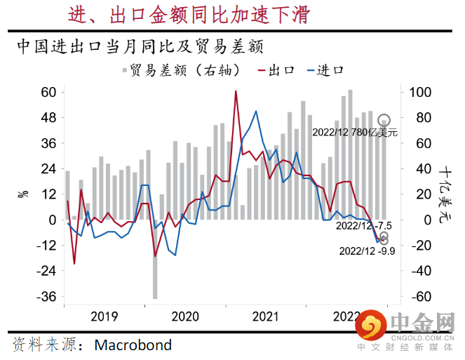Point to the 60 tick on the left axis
(48, 93)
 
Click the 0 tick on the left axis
(52, 220)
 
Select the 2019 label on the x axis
(105, 317)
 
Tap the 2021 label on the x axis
(267, 317)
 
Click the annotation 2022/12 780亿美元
(354, 132)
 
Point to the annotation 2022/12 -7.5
(363, 226)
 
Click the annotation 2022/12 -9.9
(367, 250)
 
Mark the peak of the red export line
(236, 91)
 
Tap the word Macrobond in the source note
(133, 345)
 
